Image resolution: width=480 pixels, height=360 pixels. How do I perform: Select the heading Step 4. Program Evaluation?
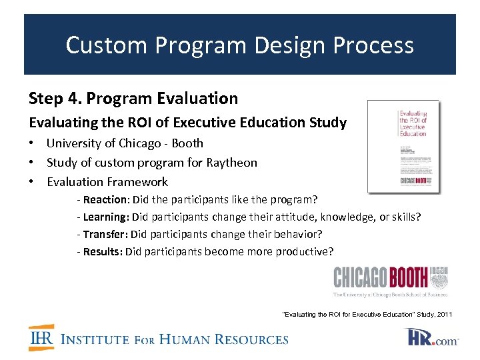tap(133, 99)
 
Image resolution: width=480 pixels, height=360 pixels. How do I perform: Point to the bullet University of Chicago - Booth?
tap(125, 143)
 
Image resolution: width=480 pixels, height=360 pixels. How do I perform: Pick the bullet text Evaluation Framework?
tap(107, 181)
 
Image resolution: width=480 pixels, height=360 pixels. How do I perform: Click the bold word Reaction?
tap(105, 199)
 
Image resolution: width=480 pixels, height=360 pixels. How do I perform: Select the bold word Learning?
tap(105, 217)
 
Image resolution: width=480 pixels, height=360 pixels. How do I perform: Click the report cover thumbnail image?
tap(404, 147)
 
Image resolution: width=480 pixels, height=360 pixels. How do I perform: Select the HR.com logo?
tap(432, 338)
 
